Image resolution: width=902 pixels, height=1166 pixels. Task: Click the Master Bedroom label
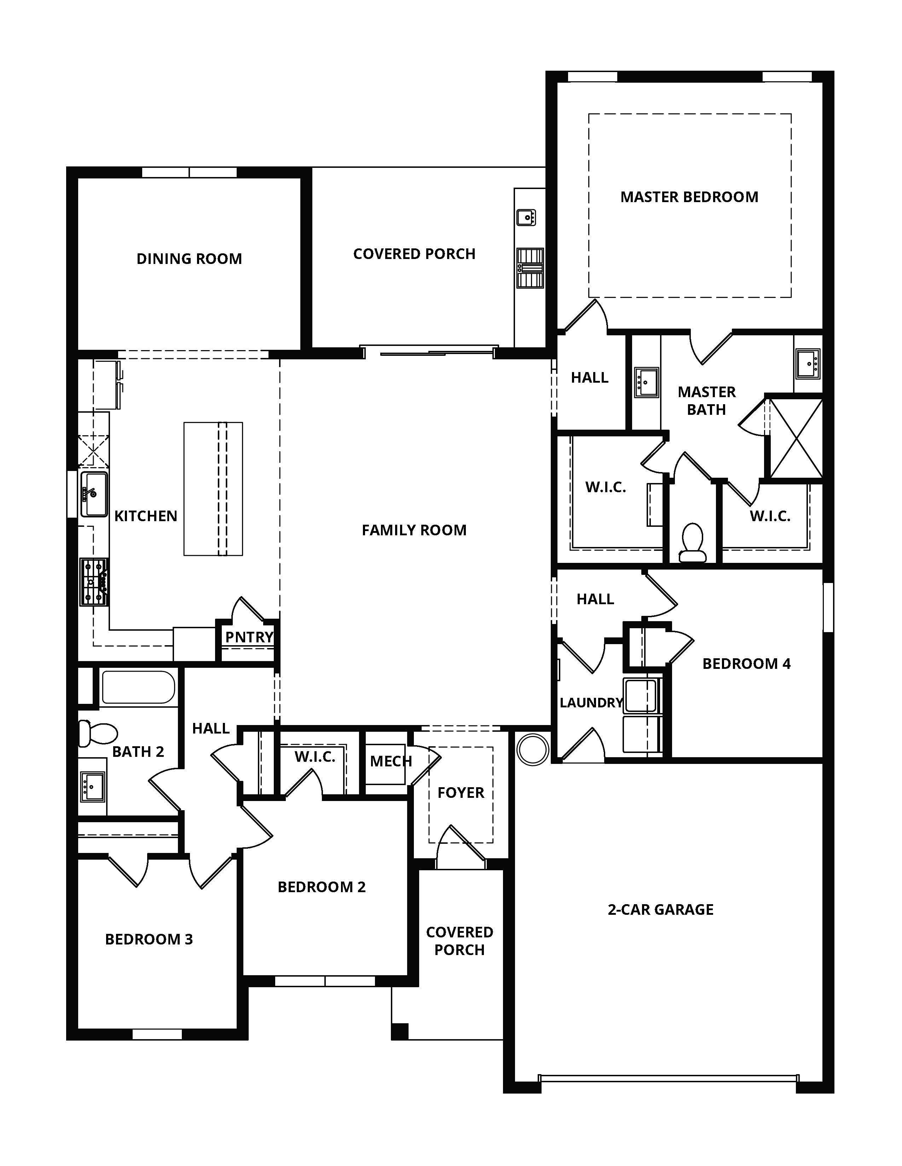(x=689, y=197)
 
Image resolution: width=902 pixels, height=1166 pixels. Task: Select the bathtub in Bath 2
(x=138, y=688)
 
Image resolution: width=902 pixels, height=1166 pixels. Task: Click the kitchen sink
(x=94, y=494)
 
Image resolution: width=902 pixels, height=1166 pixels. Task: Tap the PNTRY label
(x=249, y=637)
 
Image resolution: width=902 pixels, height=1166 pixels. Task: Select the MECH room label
(x=391, y=761)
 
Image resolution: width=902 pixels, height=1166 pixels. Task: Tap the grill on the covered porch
(x=530, y=268)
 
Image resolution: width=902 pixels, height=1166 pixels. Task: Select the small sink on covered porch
(x=526, y=217)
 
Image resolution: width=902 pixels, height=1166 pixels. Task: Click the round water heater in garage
(x=533, y=749)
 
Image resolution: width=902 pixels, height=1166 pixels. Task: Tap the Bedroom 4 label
(x=746, y=664)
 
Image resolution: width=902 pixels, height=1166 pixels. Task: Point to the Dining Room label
(x=189, y=259)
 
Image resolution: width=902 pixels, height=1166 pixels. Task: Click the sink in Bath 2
(x=92, y=786)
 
